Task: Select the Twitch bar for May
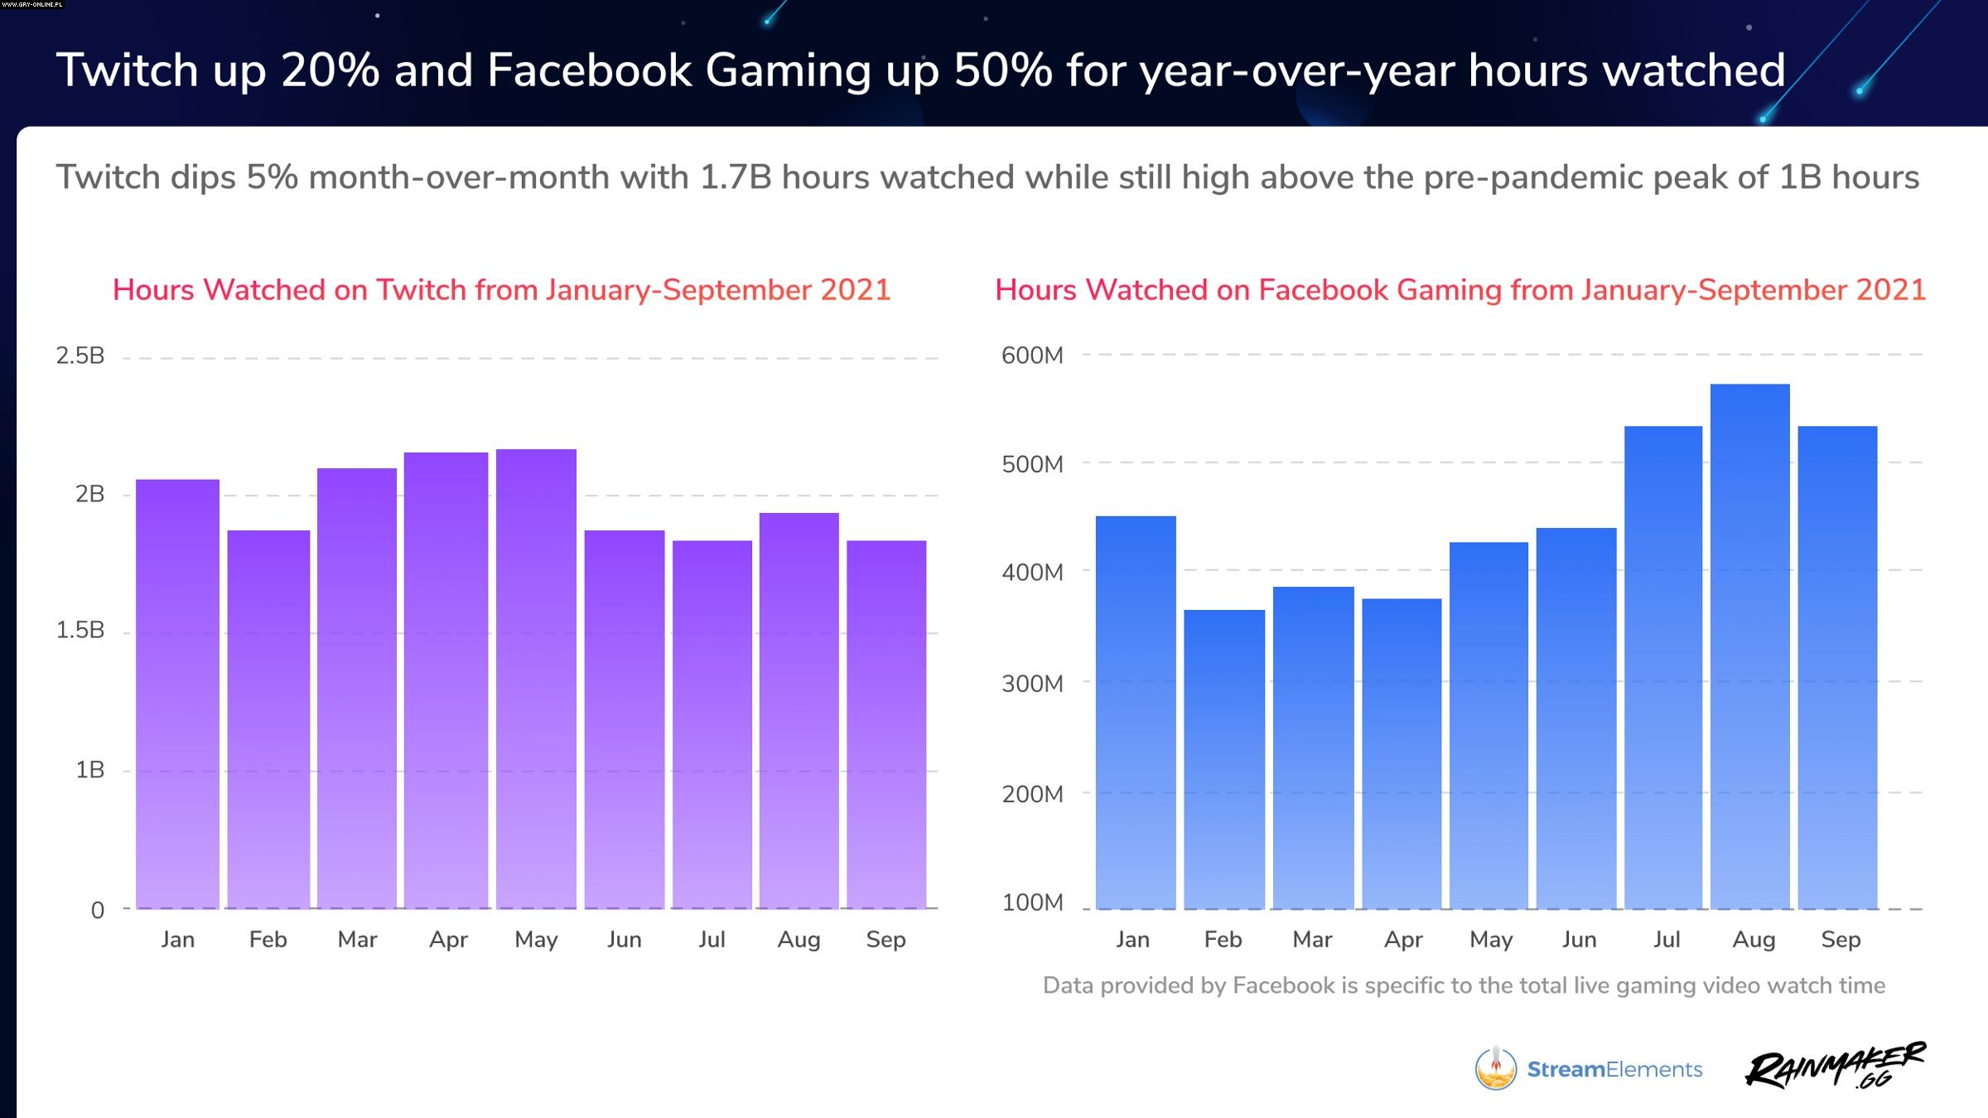(x=536, y=680)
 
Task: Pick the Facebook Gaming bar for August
(x=1749, y=646)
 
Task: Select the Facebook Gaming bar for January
(x=1136, y=713)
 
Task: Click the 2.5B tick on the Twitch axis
(x=80, y=356)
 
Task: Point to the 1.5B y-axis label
(x=80, y=630)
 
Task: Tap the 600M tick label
(x=1032, y=356)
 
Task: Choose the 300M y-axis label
(x=1032, y=684)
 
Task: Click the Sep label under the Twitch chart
(x=885, y=939)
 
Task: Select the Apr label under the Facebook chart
(x=1403, y=939)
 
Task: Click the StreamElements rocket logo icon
(x=1495, y=1068)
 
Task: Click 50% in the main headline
(x=1002, y=70)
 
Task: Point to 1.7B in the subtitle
(x=736, y=177)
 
